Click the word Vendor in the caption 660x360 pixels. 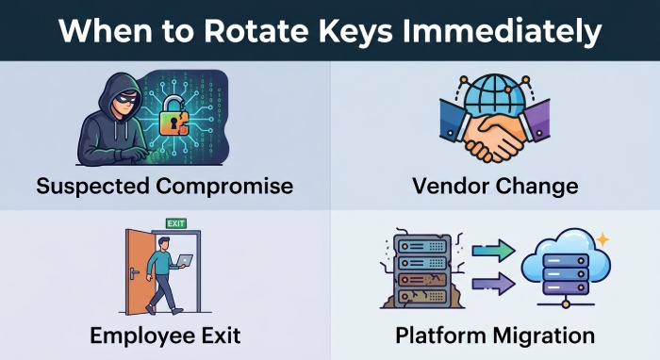tap(446, 186)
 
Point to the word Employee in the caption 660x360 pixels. tap(147, 335)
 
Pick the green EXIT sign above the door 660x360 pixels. tap(175, 223)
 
